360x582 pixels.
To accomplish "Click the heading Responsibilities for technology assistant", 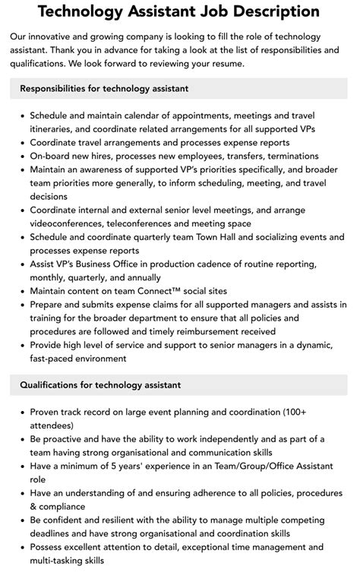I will click(x=104, y=89).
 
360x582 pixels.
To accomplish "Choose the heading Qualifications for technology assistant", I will click(x=100, y=384).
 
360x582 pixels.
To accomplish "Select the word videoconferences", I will click(x=68, y=223).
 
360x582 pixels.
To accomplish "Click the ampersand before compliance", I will click(x=33, y=506).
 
